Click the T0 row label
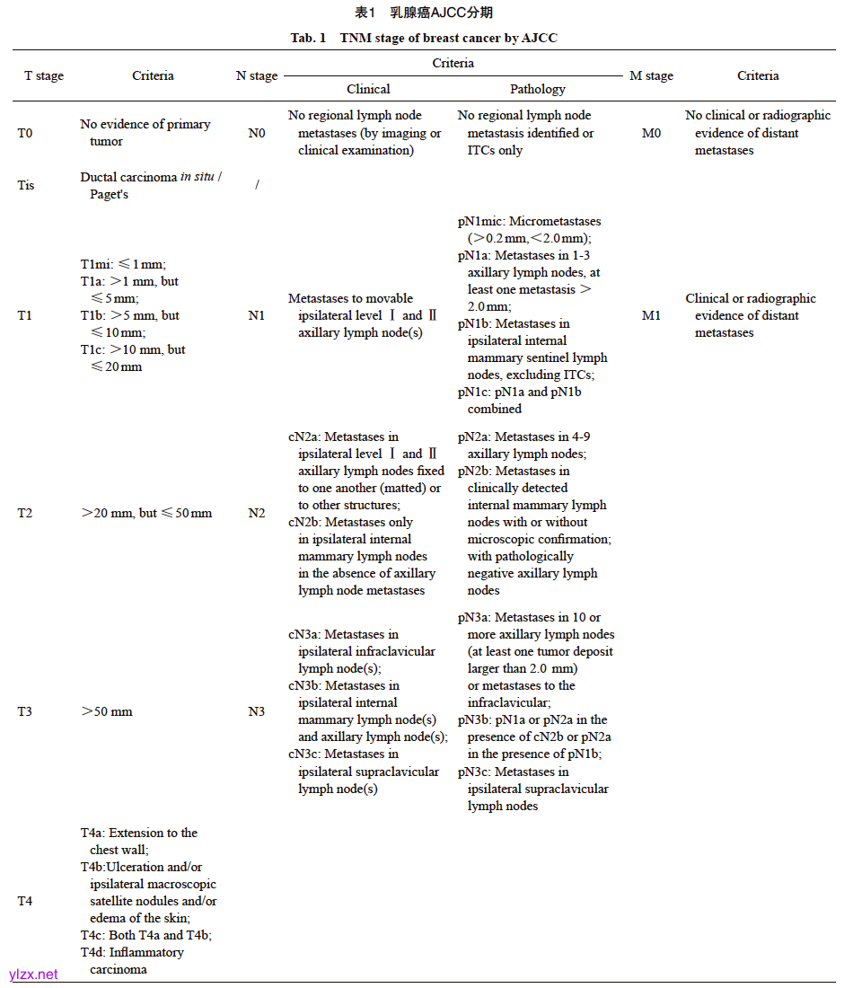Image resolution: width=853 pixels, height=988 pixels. pyautogui.click(x=25, y=133)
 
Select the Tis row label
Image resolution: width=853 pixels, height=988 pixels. pyautogui.click(x=27, y=185)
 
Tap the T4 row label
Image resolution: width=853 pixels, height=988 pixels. pyautogui.click(x=25, y=901)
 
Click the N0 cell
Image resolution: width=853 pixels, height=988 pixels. pyautogui.click(x=257, y=133)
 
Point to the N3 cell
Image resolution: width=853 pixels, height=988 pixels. pyautogui.click(x=257, y=711)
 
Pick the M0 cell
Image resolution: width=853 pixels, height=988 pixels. pyautogui.click(x=651, y=133)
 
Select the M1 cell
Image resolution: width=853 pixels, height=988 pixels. pyautogui.click(x=651, y=315)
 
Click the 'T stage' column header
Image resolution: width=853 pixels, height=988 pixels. pyautogui.click(x=44, y=76)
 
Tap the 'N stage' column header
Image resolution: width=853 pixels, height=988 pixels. pyautogui.click(x=257, y=76)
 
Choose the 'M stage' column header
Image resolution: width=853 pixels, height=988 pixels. pyautogui.click(x=651, y=76)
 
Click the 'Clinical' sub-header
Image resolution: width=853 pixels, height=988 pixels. pyautogui.click(x=368, y=89)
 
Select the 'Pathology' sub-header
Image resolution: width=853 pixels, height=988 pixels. pyautogui.click(x=538, y=89)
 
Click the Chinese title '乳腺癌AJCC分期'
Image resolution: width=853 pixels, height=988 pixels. pyautogui.click(x=441, y=13)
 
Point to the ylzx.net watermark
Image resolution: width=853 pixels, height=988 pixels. pyautogui.click(x=33, y=974)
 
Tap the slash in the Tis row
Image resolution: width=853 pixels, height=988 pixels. pyautogui.click(x=257, y=185)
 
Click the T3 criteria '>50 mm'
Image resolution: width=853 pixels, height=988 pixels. pyautogui.click(x=107, y=711)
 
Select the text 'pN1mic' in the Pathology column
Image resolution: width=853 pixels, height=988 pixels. pyautogui.click(x=479, y=221)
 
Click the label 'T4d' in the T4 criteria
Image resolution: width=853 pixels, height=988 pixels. pyautogui.click(x=92, y=952)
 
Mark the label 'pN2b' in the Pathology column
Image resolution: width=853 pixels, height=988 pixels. pyautogui.click(x=474, y=471)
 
